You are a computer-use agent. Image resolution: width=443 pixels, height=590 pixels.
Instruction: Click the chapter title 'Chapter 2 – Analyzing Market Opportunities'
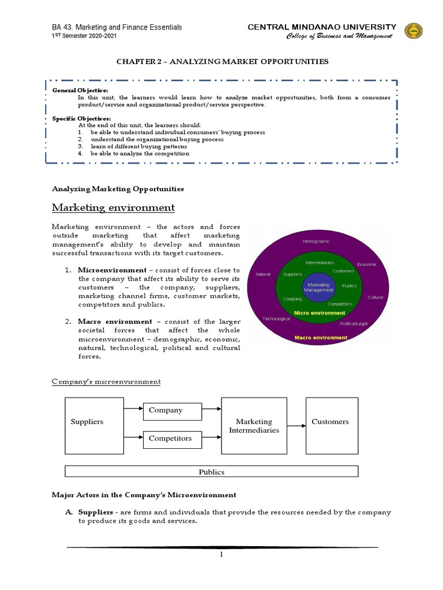[221, 62]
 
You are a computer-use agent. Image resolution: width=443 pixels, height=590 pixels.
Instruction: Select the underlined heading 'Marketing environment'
[114, 207]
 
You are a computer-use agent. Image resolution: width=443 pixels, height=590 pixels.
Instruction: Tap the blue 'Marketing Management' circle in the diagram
[319, 288]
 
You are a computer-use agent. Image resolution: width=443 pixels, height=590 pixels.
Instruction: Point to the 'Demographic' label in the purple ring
[316, 241]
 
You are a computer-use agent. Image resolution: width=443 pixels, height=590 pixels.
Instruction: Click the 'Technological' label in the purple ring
[276, 319]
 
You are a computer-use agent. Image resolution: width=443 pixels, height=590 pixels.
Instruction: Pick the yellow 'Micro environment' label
[319, 313]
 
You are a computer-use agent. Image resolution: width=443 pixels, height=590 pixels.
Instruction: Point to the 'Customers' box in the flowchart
[332, 425]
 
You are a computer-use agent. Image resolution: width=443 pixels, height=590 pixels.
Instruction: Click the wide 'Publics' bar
[212, 472]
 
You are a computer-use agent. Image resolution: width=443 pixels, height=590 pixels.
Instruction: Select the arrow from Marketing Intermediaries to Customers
[296, 426]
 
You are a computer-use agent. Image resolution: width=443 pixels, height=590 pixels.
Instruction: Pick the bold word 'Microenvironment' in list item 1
[112, 270]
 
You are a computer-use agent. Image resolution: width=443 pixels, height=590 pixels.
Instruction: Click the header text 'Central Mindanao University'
[321, 27]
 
